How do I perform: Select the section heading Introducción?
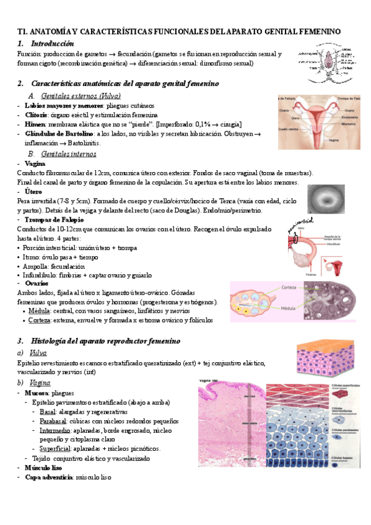tap(51, 43)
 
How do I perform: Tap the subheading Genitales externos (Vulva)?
tap(80, 96)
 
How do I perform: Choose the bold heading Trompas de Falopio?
tap(54, 220)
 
